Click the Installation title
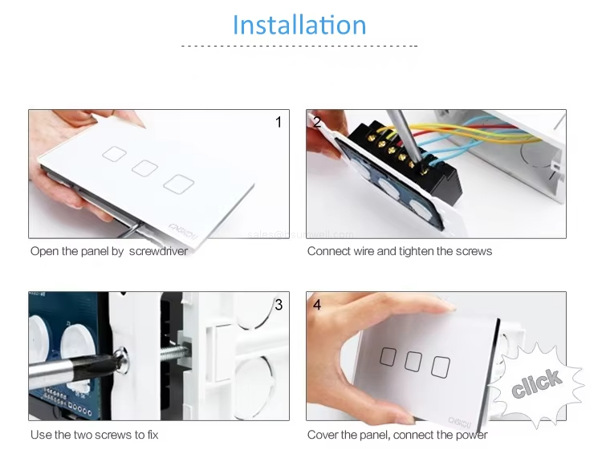coord(299,25)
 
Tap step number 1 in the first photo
coord(279,122)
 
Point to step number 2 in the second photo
coord(317,122)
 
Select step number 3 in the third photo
coord(279,304)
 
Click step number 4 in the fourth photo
coord(317,304)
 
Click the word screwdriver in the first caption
coord(158,251)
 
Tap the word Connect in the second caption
coord(328,251)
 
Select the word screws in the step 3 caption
coord(122,435)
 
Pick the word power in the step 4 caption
coord(470,435)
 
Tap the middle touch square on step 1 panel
coord(144,167)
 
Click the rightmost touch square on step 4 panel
coord(440,366)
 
